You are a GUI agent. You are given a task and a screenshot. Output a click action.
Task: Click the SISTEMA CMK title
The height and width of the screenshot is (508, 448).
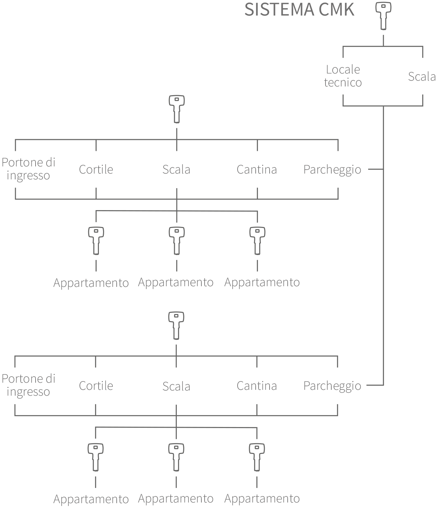click(299, 10)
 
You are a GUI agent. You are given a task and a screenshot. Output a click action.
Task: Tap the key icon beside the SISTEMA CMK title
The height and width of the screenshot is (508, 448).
click(383, 16)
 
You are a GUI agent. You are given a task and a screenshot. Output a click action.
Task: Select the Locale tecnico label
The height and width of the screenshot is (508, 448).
click(343, 76)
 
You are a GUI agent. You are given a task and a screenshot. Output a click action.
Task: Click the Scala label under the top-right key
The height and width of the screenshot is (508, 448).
click(422, 77)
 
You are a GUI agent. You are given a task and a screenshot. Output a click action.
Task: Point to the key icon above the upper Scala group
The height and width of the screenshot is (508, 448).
click(177, 109)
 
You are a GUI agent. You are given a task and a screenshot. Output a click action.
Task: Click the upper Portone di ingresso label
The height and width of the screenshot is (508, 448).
click(28, 169)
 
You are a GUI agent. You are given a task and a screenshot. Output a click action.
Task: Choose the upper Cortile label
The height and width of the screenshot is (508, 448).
click(96, 169)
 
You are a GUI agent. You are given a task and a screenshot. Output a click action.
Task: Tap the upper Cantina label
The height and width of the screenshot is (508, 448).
click(257, 169)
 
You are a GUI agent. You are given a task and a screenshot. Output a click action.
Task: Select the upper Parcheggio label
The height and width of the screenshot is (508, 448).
click(332, 170)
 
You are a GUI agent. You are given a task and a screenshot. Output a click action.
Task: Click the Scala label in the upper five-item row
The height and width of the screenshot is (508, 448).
click(176, 169)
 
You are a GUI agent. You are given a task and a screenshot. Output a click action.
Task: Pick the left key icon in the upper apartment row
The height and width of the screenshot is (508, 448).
click(96, 241)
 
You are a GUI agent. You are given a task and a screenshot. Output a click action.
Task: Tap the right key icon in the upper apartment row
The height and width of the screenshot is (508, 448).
click(257, 241)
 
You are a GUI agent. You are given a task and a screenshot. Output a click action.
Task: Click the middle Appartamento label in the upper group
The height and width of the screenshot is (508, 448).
click(176, 282)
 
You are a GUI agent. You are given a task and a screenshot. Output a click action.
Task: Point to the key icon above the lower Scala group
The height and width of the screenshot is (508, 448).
click(176, 325)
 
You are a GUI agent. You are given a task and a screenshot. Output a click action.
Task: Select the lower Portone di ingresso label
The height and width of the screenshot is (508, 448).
click(28, 385)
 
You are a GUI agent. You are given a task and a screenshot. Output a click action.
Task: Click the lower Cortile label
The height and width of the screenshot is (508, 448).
click(96, 386)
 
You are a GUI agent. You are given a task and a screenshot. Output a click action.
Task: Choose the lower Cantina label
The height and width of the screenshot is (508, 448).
click(257, 386)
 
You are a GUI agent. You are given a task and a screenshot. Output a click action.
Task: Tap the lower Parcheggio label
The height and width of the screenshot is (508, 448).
click(332, 386)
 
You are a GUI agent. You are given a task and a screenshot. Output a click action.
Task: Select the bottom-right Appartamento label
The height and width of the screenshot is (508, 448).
click(262, 499)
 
